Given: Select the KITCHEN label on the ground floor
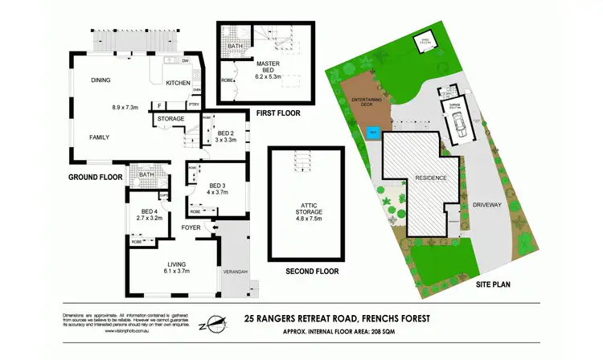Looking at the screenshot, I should (178, 83).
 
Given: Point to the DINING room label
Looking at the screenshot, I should (100, 80).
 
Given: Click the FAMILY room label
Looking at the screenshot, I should (100, 137).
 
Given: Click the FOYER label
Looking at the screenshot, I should (191, 227).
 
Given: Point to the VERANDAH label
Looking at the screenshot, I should (234, 271).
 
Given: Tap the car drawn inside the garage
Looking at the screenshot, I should (456, 124).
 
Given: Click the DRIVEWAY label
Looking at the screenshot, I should (487, 202).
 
